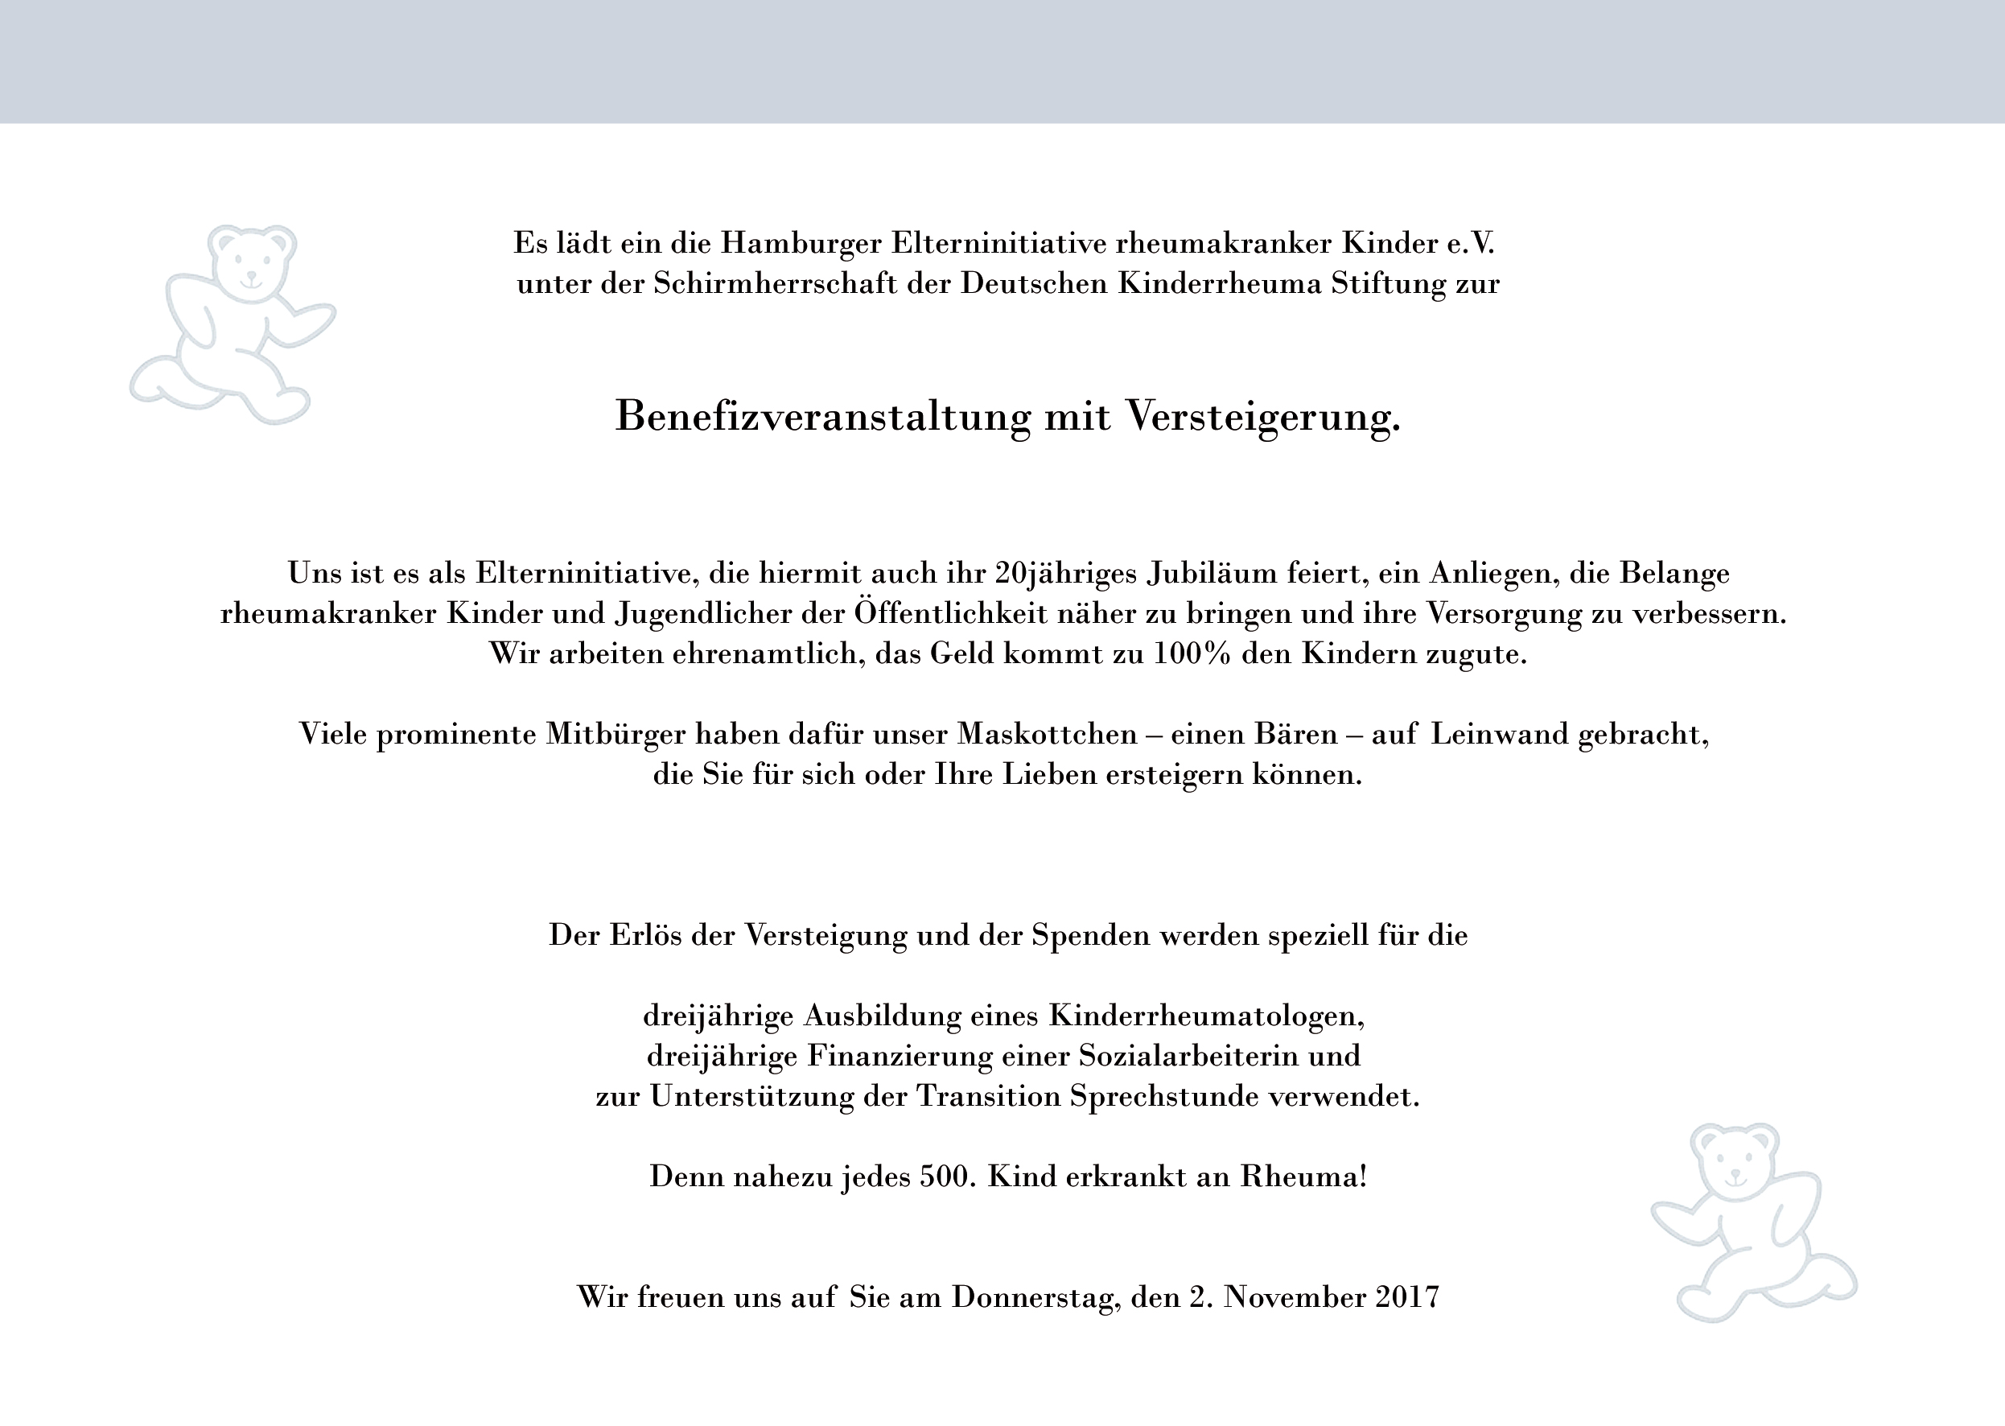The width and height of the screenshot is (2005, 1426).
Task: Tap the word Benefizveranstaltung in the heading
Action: click(822, 416)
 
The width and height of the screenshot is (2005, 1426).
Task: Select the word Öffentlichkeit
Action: click(951, 613)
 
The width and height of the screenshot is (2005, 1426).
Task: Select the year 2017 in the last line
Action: click(1407, 1297)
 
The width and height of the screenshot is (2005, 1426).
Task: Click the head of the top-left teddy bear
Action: click(251, 261)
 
